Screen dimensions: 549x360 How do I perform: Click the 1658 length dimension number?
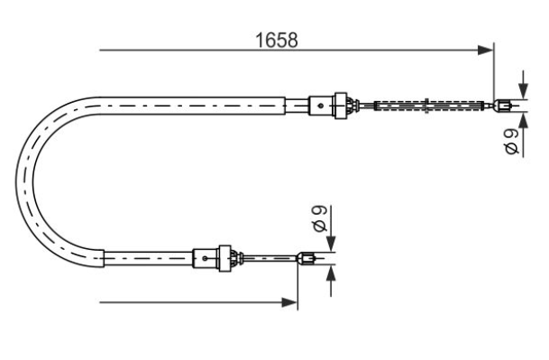pyautogui.click(x=277, y=40)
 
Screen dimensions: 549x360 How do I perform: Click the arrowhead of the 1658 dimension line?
pyautogui.click(x=485, y=51)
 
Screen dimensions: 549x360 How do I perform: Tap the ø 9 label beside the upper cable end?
pyautogui.click(x=512, y=142)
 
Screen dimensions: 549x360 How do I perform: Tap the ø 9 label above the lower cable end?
pyautogui.click(x=320, y=218)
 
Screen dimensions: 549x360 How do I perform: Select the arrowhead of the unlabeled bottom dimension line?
pyautogui.click(x=289, y=302)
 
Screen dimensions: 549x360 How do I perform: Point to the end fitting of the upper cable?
pyautogui.click(x=502, y=105)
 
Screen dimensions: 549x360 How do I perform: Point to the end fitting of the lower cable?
pyautogui.click(x=306, y=259)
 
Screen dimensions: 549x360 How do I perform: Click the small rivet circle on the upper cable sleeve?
pyautogui.click(x=320, y=106)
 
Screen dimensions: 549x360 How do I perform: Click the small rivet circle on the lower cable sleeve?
pyautogui.click(x=205, y=259)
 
